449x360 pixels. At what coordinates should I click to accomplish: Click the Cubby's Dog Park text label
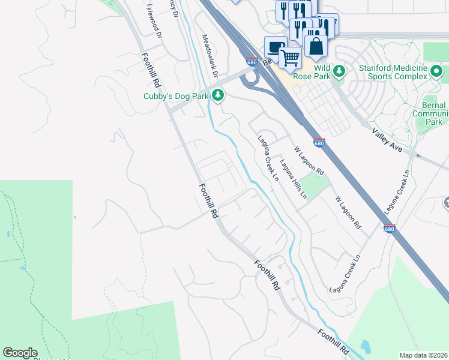(176, 96)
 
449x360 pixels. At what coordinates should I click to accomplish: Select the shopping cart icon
(291, 58)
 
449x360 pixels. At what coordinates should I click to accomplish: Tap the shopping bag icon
(316, 46)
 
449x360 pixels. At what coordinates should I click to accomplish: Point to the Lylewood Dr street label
(154, 21)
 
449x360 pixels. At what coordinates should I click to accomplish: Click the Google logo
(20, 353)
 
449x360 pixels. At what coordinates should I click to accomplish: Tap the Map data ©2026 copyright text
(424, 355)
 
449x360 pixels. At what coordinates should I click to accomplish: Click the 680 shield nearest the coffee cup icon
(252, 62)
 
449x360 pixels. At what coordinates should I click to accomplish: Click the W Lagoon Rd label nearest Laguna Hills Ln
(308, 159)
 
